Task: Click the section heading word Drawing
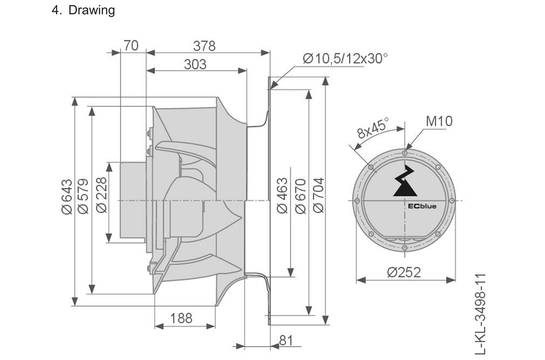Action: pyautogui.click(x=92, y=11)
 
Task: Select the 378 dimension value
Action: pyautogui.click(x=204, y=46)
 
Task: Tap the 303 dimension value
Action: pyautogui.click(x=195, y=64)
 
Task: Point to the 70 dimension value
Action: pyautogui.click(x=131, y=46)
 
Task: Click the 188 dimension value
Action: pyautogui.click(x=181, y=319)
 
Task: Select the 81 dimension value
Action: pyautogui.click(x=286, y=340)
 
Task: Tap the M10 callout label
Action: pyautogui.click(x=439, y=121)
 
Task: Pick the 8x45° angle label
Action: pyautogui.click(x=373, y=129)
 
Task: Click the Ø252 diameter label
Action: pyautogui.click(x=404, y=272)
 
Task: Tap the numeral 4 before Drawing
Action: pyautogui.click(x=55, y=11)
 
